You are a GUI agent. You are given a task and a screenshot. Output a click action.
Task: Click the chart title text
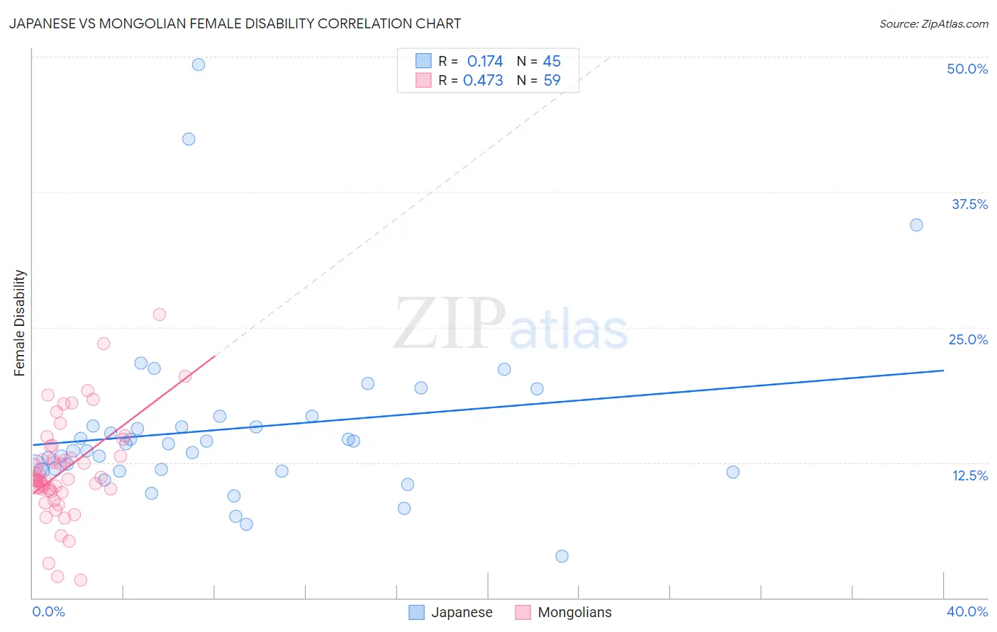pos(235,23)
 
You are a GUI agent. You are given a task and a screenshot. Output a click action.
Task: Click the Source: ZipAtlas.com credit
pos(933,23)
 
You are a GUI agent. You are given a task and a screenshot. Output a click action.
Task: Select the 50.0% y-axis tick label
pos(967,69)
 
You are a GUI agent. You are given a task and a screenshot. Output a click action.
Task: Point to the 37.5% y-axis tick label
pos(969,204)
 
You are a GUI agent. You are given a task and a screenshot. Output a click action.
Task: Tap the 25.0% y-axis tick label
pos(968,339)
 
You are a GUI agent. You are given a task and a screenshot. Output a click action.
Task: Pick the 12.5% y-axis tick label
pos(969,475)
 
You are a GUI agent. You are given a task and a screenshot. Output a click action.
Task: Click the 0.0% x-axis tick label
pos(48,611)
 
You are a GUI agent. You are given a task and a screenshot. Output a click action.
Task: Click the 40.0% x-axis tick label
pos(967,611)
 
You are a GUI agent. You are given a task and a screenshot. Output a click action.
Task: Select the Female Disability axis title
pos(20,322)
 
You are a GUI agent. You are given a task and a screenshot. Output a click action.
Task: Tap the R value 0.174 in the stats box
pos(484,62)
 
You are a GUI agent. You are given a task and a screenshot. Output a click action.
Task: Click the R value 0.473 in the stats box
pos(483,81)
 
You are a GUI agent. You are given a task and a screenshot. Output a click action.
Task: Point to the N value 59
pos(552,81)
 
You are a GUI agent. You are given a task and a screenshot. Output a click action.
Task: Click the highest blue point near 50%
pos(199,64)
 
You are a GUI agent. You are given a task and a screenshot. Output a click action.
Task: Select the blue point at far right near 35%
pos(916,225)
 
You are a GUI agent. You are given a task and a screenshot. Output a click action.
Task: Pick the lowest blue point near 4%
pos(562,556)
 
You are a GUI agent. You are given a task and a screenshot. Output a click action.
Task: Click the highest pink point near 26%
pos(160,315)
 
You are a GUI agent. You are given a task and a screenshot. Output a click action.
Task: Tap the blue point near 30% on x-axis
pos(733,472)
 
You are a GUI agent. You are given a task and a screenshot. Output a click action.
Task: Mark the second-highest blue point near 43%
pos(189,139)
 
